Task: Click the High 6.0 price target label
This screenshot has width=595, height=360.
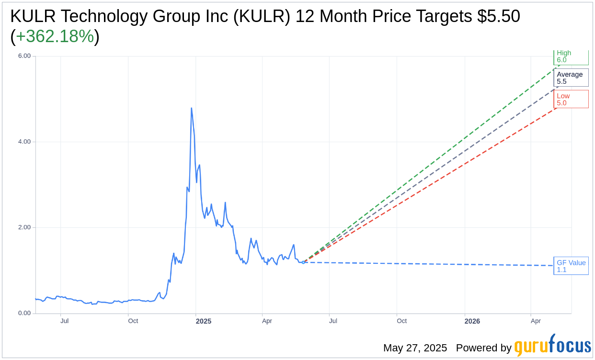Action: pos(571,56)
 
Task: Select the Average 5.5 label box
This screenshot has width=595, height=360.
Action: pos(571,78)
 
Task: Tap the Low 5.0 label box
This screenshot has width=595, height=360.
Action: pos(571,99)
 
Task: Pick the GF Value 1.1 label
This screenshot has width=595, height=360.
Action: pos(571,266)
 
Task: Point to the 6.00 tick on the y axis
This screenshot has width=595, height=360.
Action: pos(24,56)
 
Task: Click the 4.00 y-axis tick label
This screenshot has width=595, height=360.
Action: pos(24,142)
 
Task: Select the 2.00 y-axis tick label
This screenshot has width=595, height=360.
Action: pos(24,227)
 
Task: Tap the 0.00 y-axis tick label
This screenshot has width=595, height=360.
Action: pos(24,313)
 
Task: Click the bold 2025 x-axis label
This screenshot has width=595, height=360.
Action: pos(204,321)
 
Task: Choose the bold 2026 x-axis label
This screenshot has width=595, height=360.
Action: pos(472,321)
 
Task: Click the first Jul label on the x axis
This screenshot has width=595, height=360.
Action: pos(64,321)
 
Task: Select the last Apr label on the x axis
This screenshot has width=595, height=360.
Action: pos(536,321)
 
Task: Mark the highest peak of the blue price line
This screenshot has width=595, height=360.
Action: pos(192,108)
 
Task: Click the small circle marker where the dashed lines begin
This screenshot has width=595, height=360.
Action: pos(303,262)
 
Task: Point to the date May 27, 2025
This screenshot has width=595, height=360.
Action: pos(415,348)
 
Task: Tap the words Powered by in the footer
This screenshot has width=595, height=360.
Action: pos(483,348)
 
